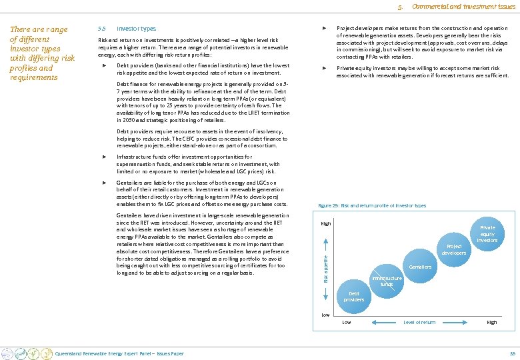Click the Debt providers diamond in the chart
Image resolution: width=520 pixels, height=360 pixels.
tap(354, 296)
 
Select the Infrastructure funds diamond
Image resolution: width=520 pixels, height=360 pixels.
tap(387, 281)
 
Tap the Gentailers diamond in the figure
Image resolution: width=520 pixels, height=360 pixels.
tap(421, 267)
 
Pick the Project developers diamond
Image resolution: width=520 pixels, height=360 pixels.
tap(454, 249)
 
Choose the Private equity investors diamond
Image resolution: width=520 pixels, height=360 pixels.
tap(487, 233)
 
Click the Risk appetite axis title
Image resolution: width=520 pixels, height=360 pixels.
tap(325, 269)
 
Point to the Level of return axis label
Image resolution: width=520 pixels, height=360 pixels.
tap(419, 323)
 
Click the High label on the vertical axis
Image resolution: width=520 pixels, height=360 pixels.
tap(326, 223)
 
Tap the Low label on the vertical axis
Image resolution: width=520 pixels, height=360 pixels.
tap(325, 314)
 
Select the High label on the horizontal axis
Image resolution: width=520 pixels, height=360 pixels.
tap(492, 323)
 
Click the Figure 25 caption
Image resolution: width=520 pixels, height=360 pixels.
tap(372, 206)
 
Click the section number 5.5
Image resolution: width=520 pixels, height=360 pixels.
tap(101, 29)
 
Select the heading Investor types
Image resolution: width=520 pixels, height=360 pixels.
tap(136, 29)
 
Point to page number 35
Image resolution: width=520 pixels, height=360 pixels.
tap(512, 353)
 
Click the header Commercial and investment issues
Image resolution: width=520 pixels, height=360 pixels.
tap(463, 7)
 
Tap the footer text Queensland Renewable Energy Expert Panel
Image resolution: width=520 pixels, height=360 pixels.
tap(119, 353)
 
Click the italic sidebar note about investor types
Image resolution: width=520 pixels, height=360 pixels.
tap(39, 53)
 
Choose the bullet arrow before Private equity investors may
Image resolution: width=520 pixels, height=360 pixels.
tap(324, 68)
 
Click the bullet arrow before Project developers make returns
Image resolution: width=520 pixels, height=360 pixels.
tap(324, 29)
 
